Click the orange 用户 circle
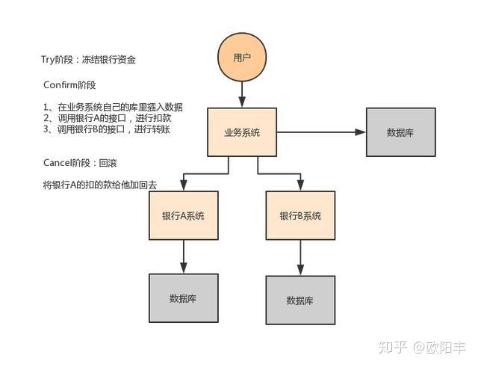tap(242, 58)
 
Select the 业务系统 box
tap(242, 132)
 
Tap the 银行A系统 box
tap(183, 216)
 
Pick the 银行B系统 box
tap(300, 216)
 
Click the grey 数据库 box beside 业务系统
tap(401, 132)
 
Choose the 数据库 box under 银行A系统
tap(183, 298)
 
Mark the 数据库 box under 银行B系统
tap(300, 300)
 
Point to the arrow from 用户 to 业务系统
tap(242, 94)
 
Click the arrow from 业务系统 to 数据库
tap(321, 132)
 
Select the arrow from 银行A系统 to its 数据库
tap(183, 257)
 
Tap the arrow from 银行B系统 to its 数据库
tap(300, 259)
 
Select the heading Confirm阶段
tap(69, 85)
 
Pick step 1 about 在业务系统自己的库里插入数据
tap(113, 108)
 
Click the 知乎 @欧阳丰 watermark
tap(422, 347)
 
